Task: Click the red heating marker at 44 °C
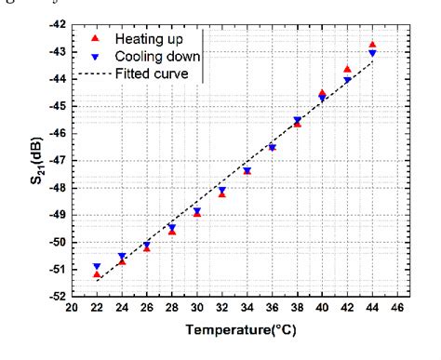372,45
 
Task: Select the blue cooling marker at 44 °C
372,54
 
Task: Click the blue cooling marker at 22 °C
97,267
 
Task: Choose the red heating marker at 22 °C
97,274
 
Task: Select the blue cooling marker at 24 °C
122,257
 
